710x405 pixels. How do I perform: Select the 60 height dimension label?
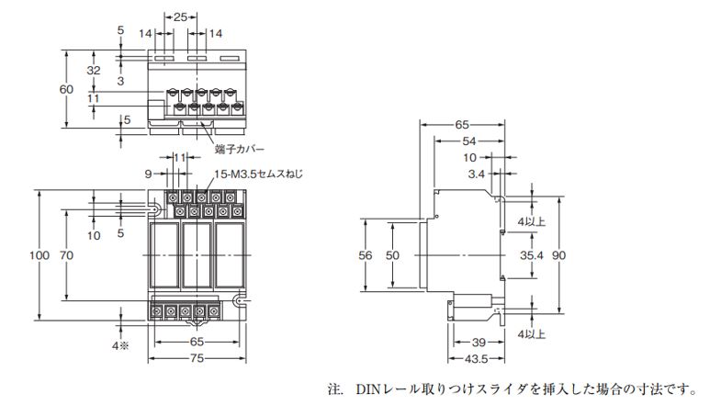point(66,89)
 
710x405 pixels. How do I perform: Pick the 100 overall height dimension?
point(35,255)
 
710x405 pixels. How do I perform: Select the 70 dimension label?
point(66,255)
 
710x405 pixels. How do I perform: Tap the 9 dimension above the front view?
point(147,172)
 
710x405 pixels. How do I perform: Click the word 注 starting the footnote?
point(335,389)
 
